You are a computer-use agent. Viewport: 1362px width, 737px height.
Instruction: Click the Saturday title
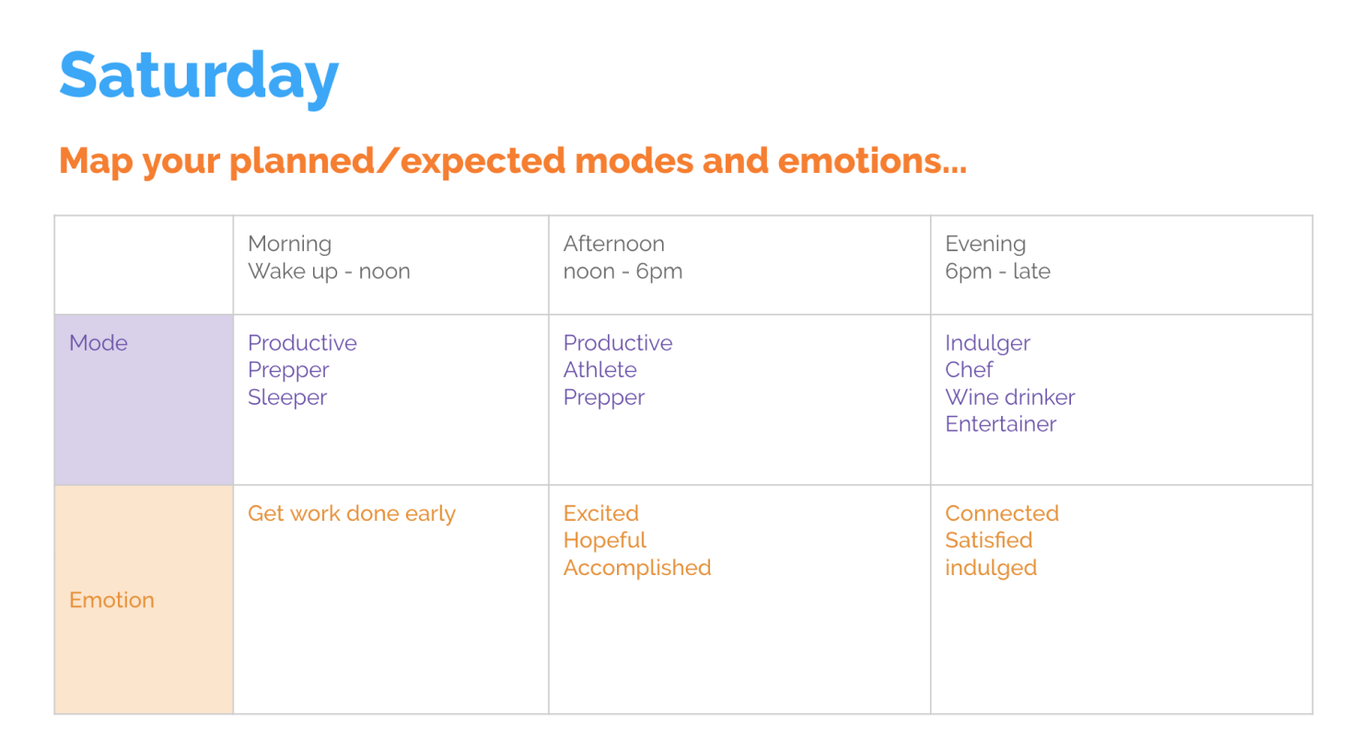tap(199, 75)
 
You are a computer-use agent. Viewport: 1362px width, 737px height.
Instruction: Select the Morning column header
tap(289, 244)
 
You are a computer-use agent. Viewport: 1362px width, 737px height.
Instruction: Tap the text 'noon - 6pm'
tap(623, 271)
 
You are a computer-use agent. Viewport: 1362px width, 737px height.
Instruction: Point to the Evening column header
tap(985, 244)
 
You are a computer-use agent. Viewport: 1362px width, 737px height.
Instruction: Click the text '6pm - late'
tap(997, 271)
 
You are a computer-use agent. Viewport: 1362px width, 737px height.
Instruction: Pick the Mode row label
tap(99, 343)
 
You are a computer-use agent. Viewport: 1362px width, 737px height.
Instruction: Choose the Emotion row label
tap(111, 600)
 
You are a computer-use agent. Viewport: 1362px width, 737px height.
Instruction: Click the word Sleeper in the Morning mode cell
tap(287, 397)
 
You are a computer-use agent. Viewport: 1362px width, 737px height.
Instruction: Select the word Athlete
tap(600, 370)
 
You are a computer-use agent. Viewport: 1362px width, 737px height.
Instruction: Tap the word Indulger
tap(987, 343)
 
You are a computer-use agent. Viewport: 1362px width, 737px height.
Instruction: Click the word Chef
tap(969, 370)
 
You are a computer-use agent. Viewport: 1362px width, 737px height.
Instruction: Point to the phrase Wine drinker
tap(1009, 397)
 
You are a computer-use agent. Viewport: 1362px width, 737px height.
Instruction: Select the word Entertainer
tap(1000, 424)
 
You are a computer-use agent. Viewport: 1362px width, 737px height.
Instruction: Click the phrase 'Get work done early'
tap(352, 513)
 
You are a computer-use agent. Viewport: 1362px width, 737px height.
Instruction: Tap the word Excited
tap(600, 513)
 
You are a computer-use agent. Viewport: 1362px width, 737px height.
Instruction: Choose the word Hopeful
tap(605, 540)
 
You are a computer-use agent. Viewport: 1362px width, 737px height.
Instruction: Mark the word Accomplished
tap(637, 568)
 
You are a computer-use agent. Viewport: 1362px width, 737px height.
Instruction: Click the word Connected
tap(1002, 513)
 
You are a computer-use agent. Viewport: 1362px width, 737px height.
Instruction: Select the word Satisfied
tap(988, 540)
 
